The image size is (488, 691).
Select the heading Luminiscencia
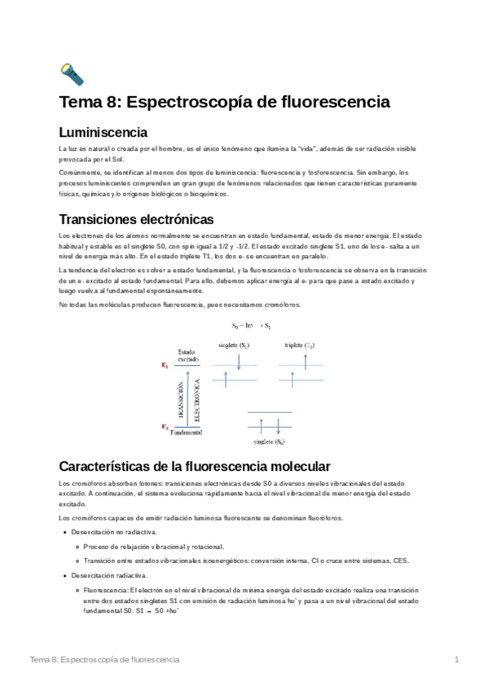point(103,132)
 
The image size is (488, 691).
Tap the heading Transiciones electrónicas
point(137,219)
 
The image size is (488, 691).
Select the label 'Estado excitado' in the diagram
point(187,355)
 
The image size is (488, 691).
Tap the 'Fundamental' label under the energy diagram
point(187,433)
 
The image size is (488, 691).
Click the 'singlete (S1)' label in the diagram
point(235,345)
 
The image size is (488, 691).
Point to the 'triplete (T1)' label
point(300,345)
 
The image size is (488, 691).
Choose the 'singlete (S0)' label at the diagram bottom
point(270,442)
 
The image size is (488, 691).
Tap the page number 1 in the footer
point(458,659)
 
